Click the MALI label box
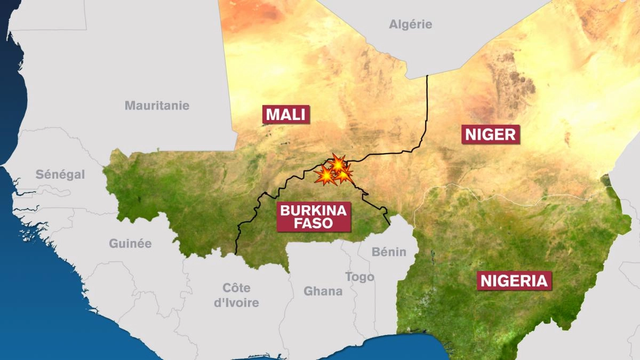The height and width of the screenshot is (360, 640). pyautogui.click(x=286, y=115)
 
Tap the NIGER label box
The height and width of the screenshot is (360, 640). pyautogui.click(x=491, y=134)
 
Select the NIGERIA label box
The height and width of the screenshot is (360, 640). pyautogui.click(x=514, y=281)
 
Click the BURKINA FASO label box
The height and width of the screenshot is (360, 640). pyautogui.click(x=313, y=216)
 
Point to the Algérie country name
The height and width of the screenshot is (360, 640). pyautogui.click(x=410, y=24)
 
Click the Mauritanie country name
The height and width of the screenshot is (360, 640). pyautogui.click(x=157, y=106)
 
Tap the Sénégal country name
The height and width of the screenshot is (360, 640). pyautogui.click(x=60, y=174)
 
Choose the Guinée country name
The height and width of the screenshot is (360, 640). pyautogui.click(x=130, y=244)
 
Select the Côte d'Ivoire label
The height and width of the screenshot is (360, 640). pyautogui.click(x=236, y=295)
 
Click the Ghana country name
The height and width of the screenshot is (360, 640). pyautogui.click(x=323, y=291)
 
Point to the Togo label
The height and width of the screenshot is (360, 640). pyautogui.click(x=359, y=277)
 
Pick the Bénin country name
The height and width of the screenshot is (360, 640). pyautogui.click(x=389, y=252)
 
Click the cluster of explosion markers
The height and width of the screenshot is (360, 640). pyautogui.click(x=334, y=171)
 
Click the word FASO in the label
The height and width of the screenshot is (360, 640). pyautogui.click(x=313, y=223)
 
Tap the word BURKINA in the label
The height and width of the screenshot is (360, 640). pyautogui.click(x=313, y=210)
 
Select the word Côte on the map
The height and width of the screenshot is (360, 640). pyautogui.click(x=236, y=288)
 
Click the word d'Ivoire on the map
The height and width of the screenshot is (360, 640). pyautogui.click(x=236, y=303)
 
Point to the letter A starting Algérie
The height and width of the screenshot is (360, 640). pyautogui.click(x=393, y=24)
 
